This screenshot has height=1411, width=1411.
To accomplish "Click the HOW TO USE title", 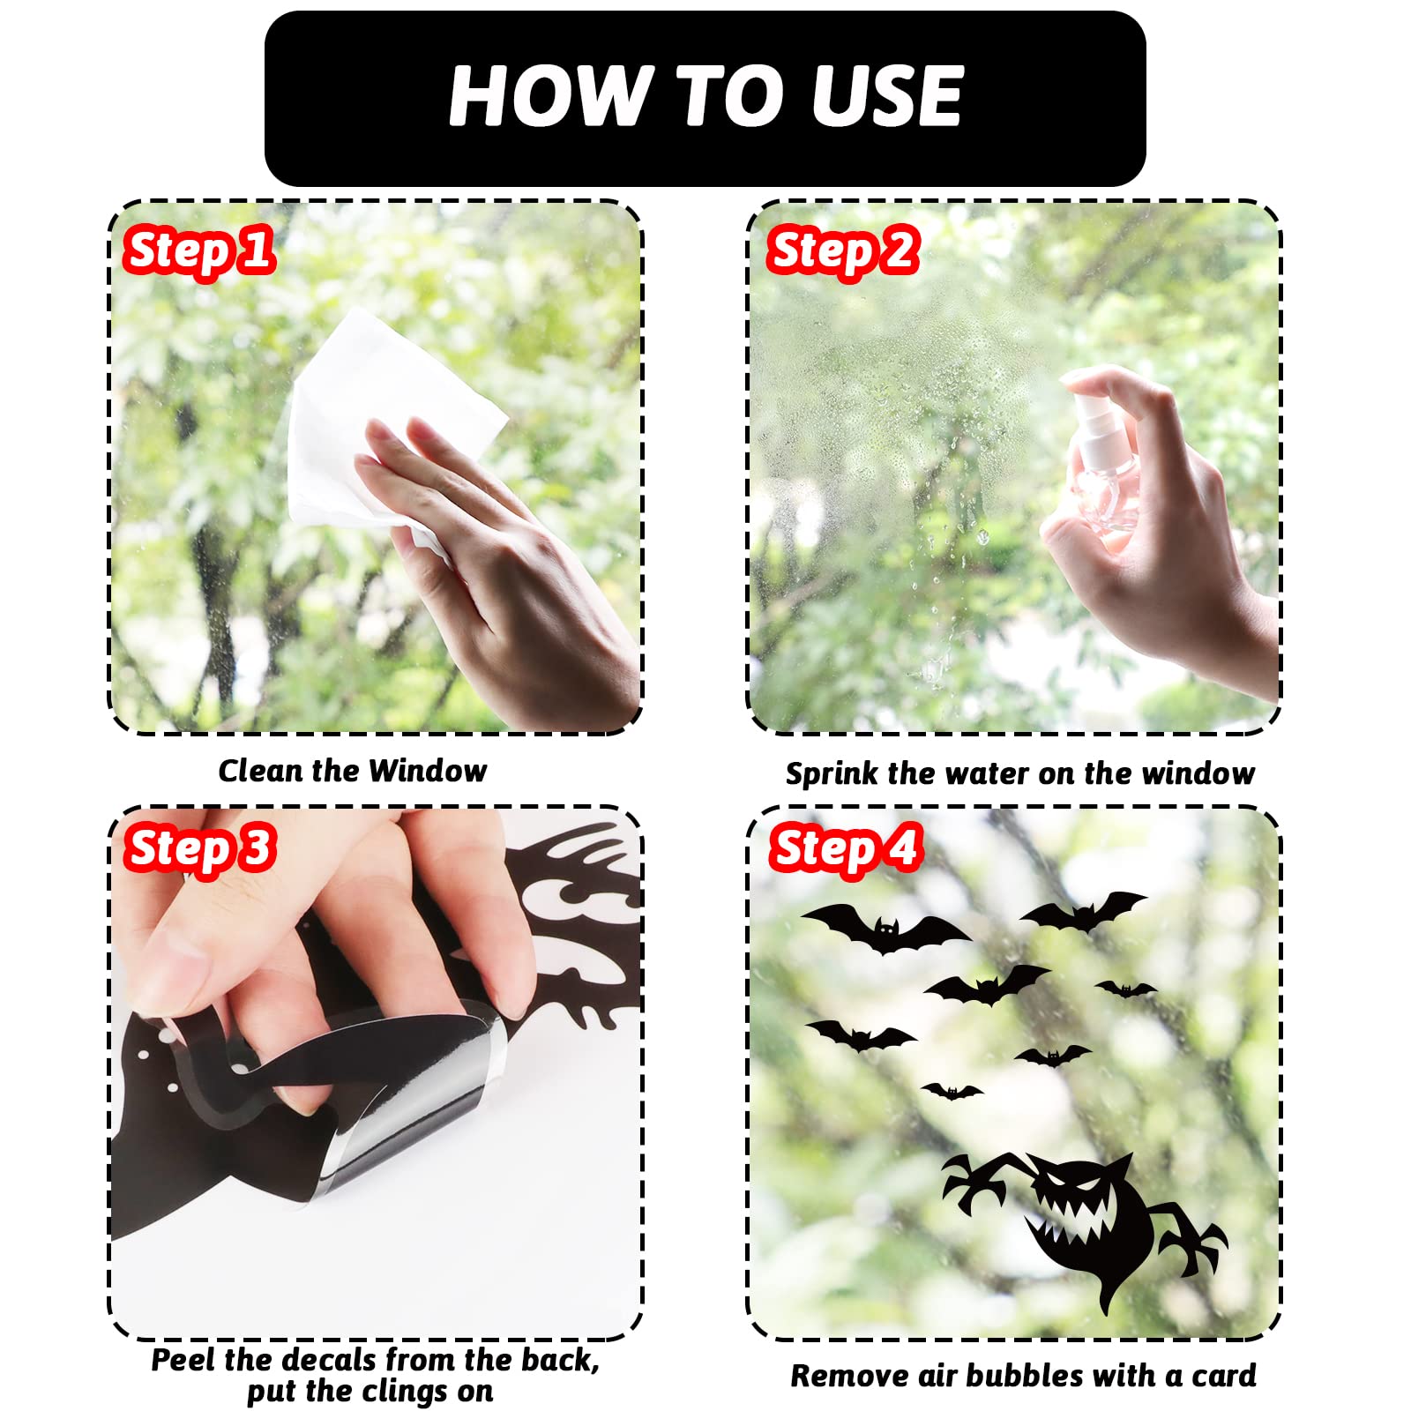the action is coord(705,96).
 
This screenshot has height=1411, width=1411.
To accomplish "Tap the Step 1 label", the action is coord(198,250).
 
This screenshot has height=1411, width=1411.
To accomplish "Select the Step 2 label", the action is coord(842,250).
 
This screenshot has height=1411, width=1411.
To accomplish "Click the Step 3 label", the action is coord(199,848).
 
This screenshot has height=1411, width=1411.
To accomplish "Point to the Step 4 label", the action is coord(845,848).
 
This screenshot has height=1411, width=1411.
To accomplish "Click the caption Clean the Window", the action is coord(353,771).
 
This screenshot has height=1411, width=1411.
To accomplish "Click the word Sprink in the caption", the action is coord(833,774).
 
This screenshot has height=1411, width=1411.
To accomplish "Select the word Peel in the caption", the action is coord(184,1360).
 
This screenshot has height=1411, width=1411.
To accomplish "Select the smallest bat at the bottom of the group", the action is coord(952,1092).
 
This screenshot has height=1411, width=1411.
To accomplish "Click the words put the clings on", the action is coord(370,1392).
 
